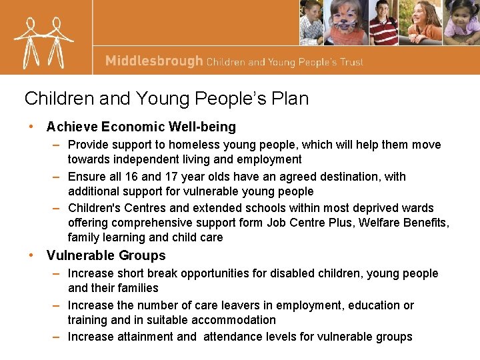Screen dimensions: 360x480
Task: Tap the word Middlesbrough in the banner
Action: pyautogui.click(x=154, y=61)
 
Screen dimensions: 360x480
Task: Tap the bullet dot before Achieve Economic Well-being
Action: pyautogui.click(x=31, y=127)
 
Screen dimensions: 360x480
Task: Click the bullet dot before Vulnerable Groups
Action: pyautogui.click(x=31, y=255)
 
